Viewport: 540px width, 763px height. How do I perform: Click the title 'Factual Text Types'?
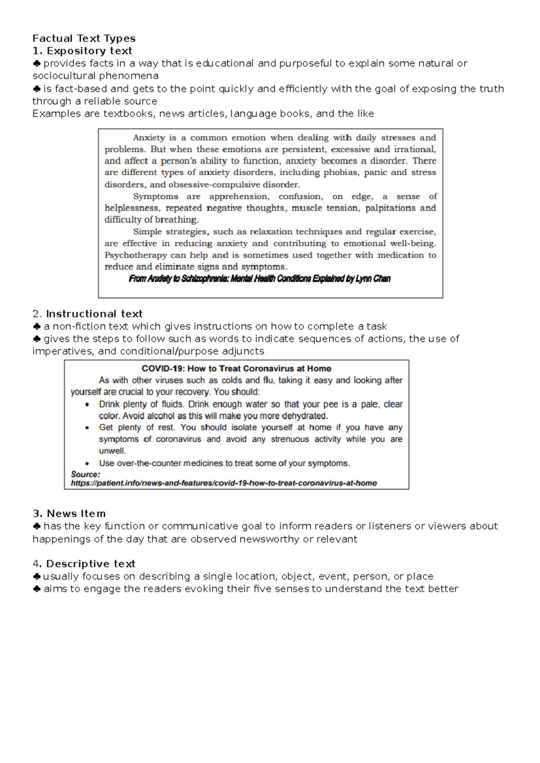(x=84, y=38)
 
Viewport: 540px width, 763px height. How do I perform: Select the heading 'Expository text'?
(x=89, y=51)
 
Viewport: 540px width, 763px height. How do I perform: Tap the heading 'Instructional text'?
(x=94, y=314)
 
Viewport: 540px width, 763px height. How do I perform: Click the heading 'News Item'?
(x=76, y=513)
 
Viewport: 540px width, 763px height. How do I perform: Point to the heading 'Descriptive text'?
(x=90, y=564)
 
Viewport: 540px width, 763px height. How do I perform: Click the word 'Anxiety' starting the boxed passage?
(x=148, y=138)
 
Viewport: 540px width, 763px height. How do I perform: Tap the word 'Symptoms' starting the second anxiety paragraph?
(x=155, y=196)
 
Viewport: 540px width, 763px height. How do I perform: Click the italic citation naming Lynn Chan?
(x=260, y=279)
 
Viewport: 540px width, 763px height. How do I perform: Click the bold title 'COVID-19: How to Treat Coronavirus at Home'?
(x=236, y=368)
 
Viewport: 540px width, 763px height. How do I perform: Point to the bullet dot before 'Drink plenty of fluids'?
(x=87, y=404)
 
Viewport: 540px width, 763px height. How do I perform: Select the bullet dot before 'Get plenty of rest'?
(x=87, y=428)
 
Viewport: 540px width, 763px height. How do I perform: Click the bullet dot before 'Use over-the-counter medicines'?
(x=87, y=463)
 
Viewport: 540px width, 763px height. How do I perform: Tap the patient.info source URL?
(x=224, y=483)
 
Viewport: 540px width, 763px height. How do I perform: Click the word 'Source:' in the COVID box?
(x=85, y=474)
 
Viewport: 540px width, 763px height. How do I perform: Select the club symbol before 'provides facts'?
(x=37, y=63)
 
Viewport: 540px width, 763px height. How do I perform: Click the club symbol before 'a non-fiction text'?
(x=37, y=326)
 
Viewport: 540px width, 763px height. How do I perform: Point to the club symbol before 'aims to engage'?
(x=37, y=589)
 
